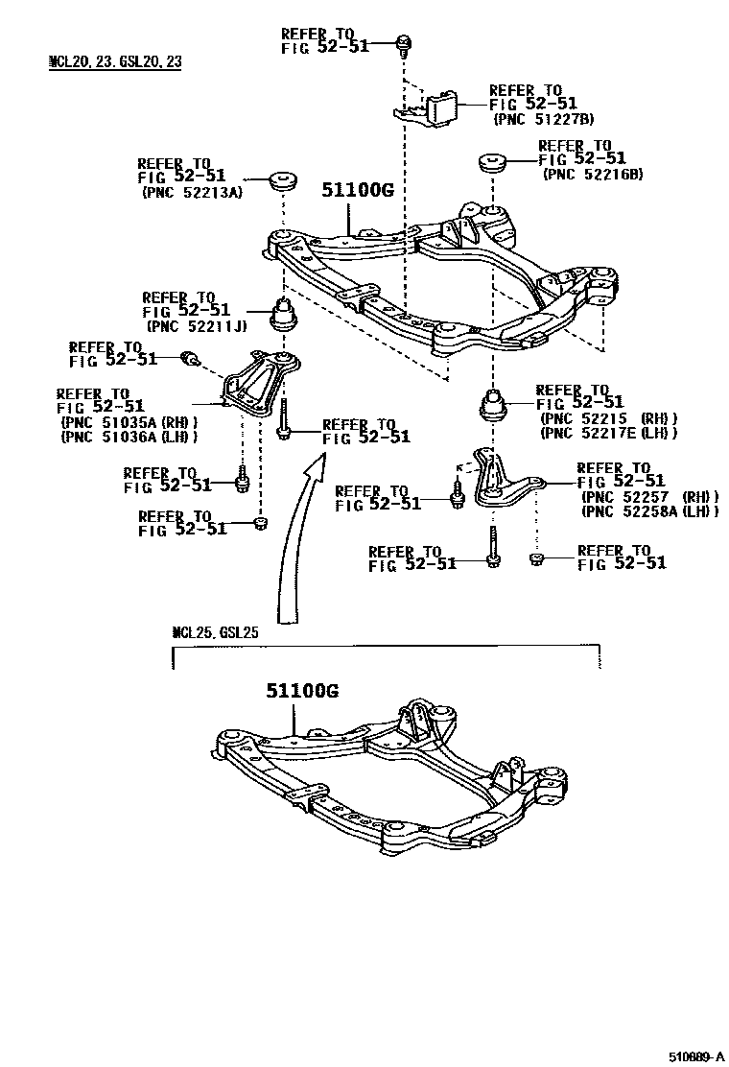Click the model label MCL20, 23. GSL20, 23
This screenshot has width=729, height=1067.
[115, 62]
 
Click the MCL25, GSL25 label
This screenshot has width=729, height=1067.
[215, 632]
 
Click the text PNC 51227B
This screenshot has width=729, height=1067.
[543, 119]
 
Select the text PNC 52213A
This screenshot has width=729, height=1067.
[192, 192]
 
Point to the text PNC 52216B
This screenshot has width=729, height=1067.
[592, 174]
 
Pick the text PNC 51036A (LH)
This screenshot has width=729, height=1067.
[129, 438]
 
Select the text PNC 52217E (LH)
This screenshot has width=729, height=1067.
[609, 433]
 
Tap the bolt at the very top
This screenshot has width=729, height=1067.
[404, 42]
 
